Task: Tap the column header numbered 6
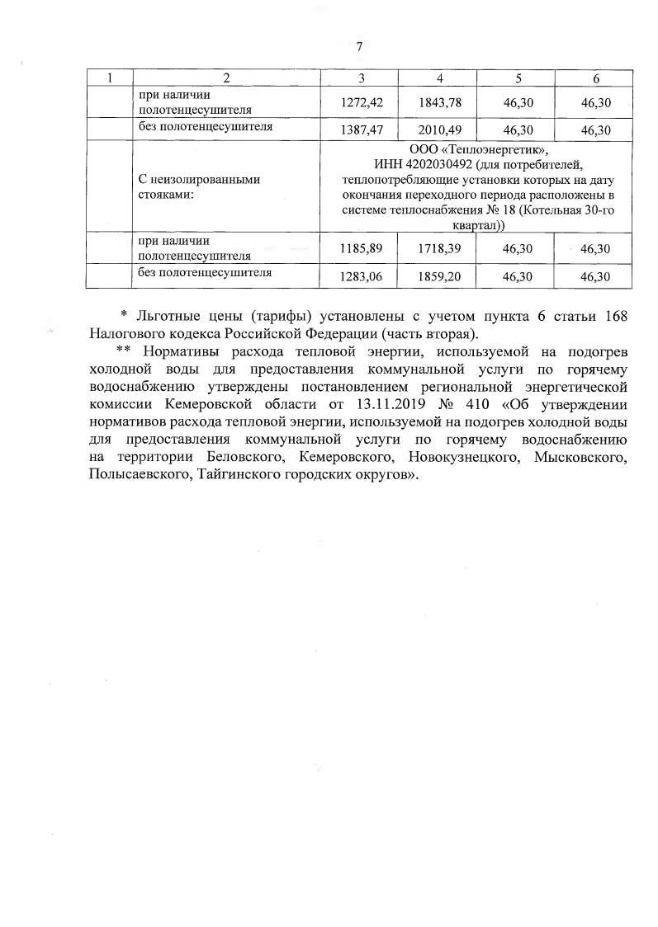coord(595,78)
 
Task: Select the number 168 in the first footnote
coord(619,318)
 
